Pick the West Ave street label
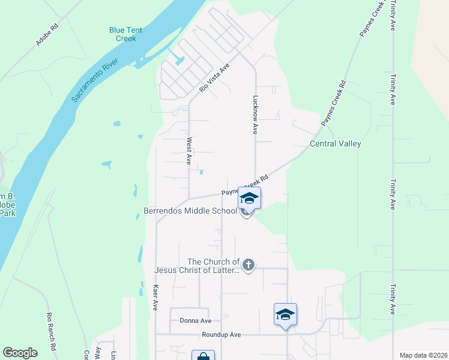pos(189,151)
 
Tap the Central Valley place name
pos(335,144)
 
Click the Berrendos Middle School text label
pos(191,211)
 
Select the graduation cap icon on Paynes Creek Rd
pos(249,197)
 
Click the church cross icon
pos(249,265)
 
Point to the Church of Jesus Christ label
pos(213,266)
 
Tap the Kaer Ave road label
pos(155,297)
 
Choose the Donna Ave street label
pos(196,321)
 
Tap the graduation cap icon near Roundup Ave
pos(285,314)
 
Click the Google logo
pos(20,353)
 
